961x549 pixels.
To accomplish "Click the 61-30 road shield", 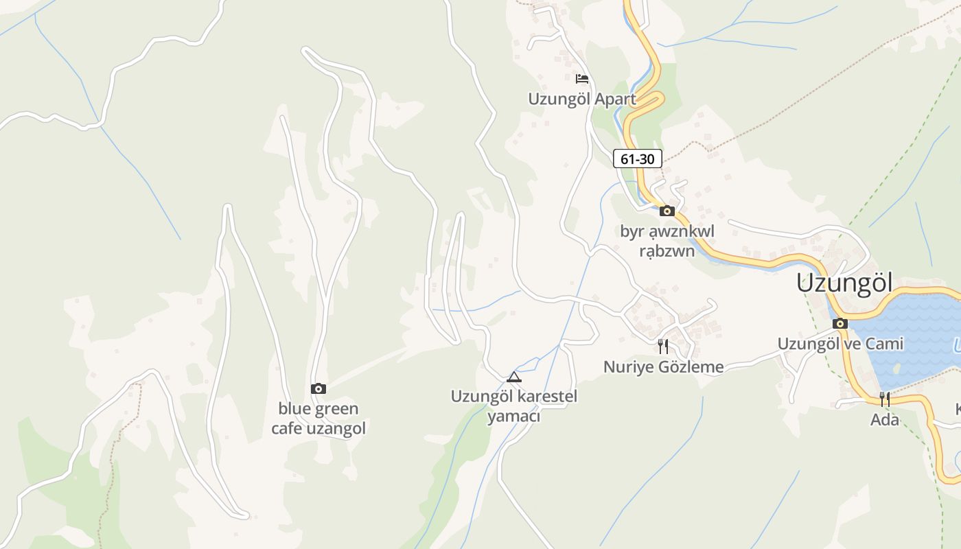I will coord(637,159).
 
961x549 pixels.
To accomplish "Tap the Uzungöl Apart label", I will coord(582,99).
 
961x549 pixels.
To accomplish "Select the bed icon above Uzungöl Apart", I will coord(582,79).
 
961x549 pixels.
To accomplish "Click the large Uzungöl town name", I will coord(844,283).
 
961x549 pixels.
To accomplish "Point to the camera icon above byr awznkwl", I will coord(667,211).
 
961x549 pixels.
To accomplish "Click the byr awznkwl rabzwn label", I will coord(667,241).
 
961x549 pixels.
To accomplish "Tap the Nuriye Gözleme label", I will coord(663,366).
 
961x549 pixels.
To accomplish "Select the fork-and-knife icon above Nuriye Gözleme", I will coord(663,346).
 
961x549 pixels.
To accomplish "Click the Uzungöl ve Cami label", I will coord(840,343).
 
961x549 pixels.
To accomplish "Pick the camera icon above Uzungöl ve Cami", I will coord(840,323).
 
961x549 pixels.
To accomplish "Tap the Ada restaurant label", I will coord(885,419).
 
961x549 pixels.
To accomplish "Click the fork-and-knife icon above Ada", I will coord(885,399).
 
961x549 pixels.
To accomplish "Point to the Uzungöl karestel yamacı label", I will coord(514,406).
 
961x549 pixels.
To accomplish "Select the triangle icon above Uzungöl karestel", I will coord(514,377).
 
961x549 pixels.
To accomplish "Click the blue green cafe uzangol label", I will coord(318,419).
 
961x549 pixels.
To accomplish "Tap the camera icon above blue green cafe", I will coord(318,389).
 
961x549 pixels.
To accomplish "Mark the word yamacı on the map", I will coord(514,417).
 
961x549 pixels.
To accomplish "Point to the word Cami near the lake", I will coord(885,343).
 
